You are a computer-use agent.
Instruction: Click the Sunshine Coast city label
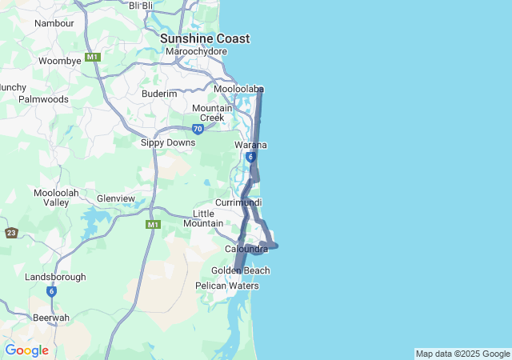(x=204, y=38)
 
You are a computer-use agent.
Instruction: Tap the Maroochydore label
(x=196, y=52)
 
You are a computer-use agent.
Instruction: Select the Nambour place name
(x=54, y=23)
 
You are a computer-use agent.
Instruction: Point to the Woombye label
(x=60, y=61)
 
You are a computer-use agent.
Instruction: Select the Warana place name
(x=250, y=145)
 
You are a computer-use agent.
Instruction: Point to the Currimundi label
(x=238, y=203)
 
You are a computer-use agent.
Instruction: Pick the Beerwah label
(x=51, y=318)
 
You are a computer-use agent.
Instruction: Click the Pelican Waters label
(x=227, y=286)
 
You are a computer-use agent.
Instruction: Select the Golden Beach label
(x=240, y=270)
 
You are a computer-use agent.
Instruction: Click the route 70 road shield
(x=198, y=128)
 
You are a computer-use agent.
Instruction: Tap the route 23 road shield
(x=10, y=233)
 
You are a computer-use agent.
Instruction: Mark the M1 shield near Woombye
(x=93, y=57)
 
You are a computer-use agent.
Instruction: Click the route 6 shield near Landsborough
(x=51, y=291)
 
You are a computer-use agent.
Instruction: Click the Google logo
(x=26, y=350)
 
